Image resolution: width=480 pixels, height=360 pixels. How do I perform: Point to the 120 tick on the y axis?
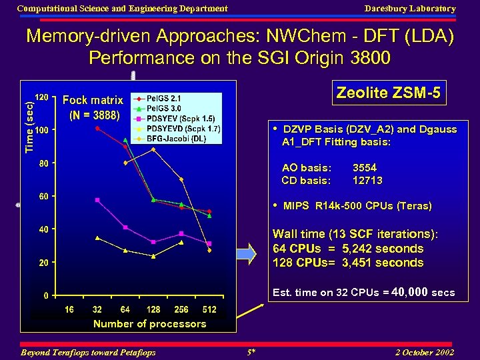coord(41,97)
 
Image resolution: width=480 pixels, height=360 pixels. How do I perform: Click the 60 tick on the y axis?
coord(42,196)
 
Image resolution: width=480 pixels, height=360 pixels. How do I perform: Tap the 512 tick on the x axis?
coord(209,310)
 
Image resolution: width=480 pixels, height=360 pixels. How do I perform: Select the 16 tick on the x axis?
coord(69,310)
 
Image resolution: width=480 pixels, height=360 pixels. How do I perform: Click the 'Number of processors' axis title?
coord(149,324)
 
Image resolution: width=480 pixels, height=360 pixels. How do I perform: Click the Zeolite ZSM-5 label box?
coord(388,93)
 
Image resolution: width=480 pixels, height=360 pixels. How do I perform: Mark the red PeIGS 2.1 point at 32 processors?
coord(97,128)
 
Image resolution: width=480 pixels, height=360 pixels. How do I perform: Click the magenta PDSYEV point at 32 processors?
coord(97,199)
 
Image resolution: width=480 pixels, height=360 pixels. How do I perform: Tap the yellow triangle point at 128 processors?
coord(153,256)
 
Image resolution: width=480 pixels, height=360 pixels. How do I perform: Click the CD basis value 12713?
coord(367,180)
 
